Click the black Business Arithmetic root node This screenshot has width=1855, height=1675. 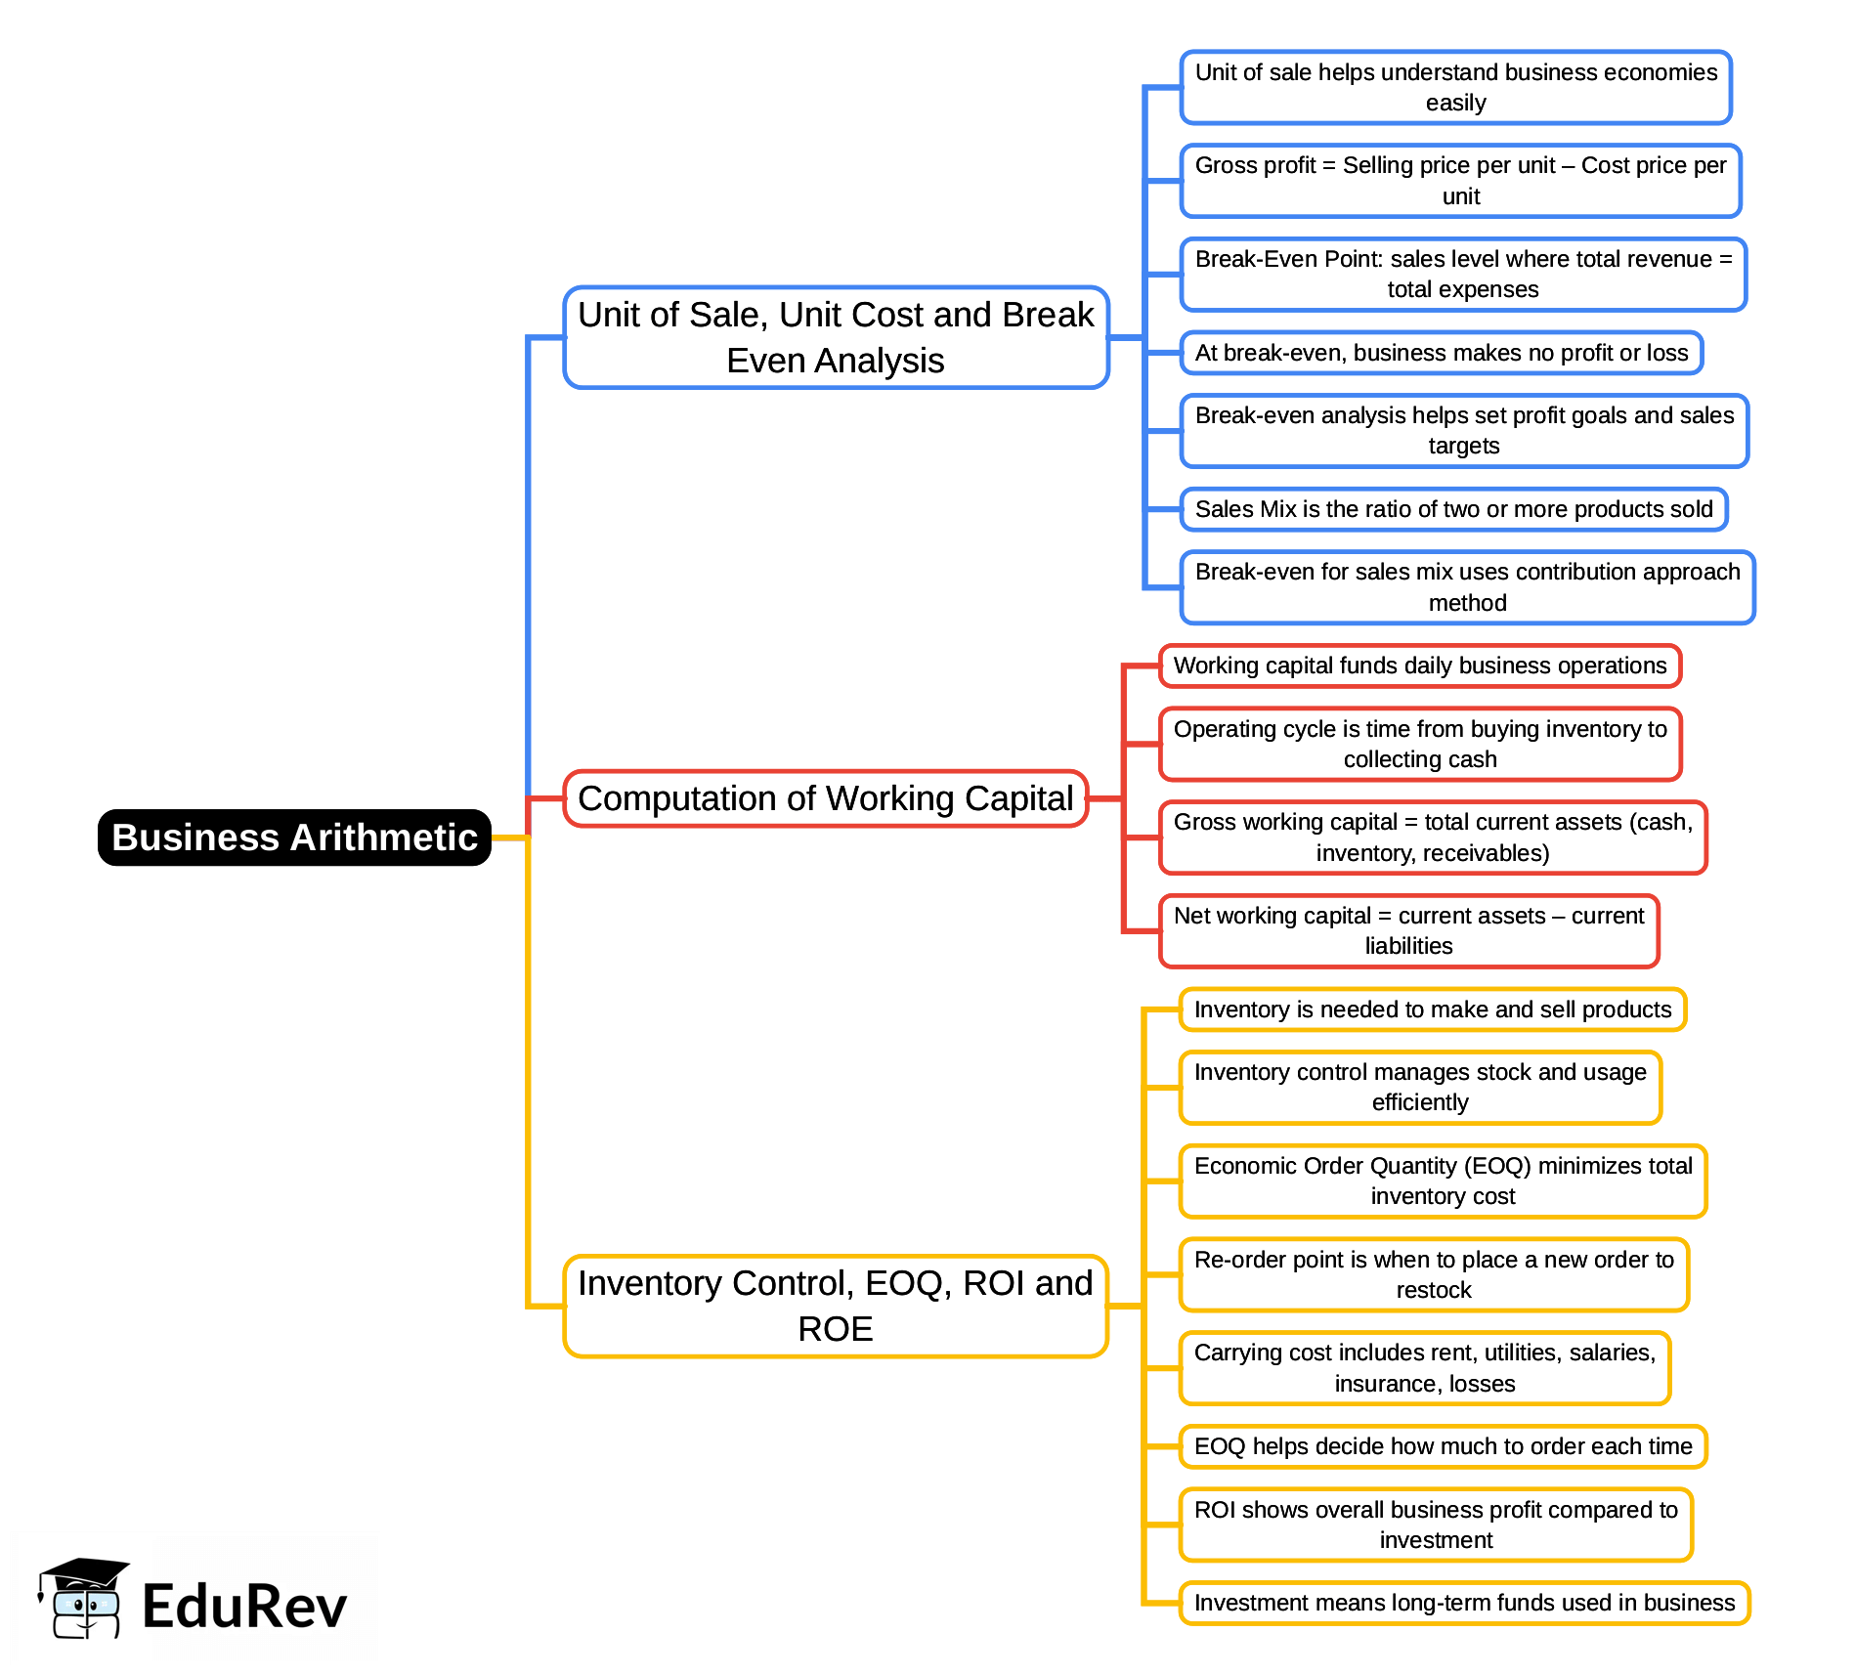click(294, 837)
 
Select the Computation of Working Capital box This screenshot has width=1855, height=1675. click(826, 798)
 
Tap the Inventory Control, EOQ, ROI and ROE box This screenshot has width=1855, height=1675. click(836, 1306)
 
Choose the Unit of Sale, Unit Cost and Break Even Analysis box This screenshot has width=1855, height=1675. click(836, 337)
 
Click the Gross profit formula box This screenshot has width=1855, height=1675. click(1460, 181)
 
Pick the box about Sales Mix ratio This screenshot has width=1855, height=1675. click(1453, 509)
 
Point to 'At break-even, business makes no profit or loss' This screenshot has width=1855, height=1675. click(1442, 353)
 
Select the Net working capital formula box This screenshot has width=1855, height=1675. click(1408, 931)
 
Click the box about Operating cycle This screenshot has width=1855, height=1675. click(1420, 745)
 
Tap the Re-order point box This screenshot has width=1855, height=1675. click(1434, 1274)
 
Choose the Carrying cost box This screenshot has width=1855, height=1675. click(1425, 1368)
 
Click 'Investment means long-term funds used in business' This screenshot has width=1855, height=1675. click(1464, 1603)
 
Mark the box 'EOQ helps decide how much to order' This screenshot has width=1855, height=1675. click(1443, 1446)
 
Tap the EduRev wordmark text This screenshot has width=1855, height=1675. click(244, 1607)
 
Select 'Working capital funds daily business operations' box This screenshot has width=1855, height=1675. click(1419, 666)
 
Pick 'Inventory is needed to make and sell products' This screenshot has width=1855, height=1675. click(1433, 1009)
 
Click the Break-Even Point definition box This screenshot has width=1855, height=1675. click(1463, 275)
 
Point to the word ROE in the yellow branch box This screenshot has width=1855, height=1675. click(836, 1329)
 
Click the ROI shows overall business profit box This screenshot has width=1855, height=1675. click(1436, 1525)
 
